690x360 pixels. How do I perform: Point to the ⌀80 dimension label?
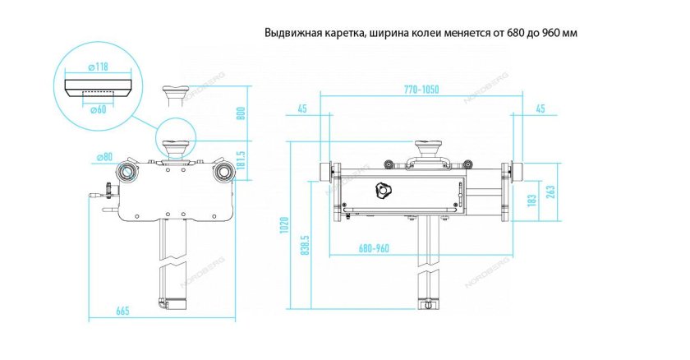pos(104,156)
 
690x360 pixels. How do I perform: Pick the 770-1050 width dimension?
pos(423,89)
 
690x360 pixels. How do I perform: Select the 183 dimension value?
pos(531,199)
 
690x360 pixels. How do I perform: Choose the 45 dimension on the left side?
pos(303,108)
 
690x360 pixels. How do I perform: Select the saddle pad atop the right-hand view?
pos(426,148)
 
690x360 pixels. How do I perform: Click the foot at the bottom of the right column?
pos(427,304)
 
